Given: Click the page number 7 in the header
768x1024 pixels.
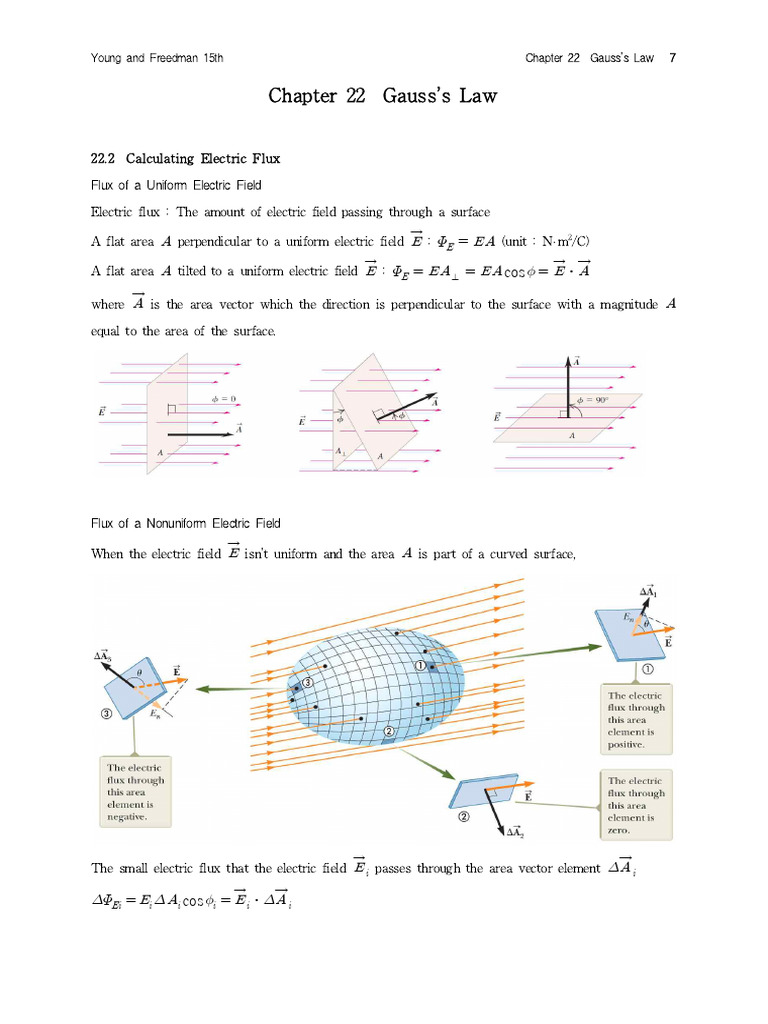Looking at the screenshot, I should click(x=673, y=57).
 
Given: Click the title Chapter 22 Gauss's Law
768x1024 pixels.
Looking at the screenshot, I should click(x=383, y=96).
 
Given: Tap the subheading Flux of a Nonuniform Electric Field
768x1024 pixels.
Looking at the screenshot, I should click(x=186, y=523).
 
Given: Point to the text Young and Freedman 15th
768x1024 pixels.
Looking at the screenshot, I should click(x=157, y=57).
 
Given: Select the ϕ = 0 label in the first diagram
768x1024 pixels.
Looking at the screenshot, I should click(x=223, y=398).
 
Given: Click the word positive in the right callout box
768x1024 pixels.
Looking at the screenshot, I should click(x=629, y=745).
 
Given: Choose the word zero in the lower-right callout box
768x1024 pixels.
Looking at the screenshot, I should click(x=618, y=830).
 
